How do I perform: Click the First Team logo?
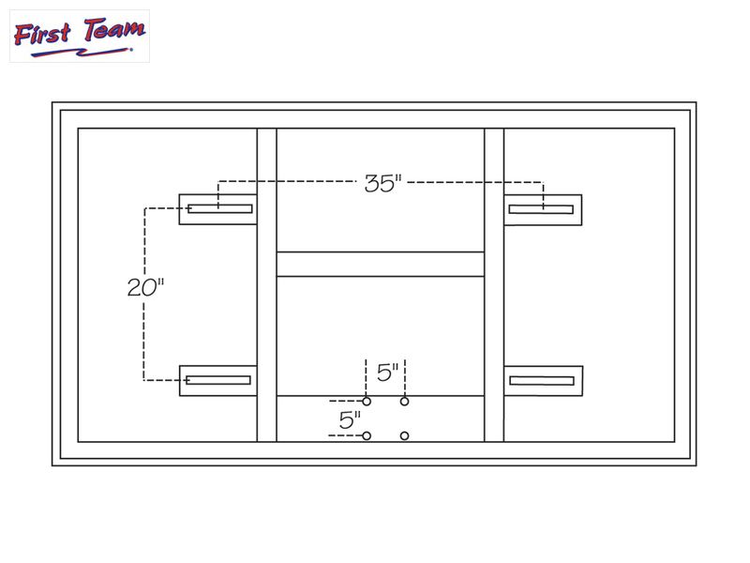pyautogui.click(x=79, y=37)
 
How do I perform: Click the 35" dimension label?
pyautogui.click(x=382, y=183)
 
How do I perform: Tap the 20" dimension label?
pyautogui.click(x=145, y=286)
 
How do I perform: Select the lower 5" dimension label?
pyautogui.click(x=350, y=419)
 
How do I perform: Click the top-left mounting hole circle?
pyautogui.click(x=367, y=402)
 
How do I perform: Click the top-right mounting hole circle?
pyautogui.click(x=405, y=402)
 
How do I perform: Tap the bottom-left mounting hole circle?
pyautogui.click(x=367, y=435)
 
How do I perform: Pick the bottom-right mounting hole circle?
pyautogui.click(x=405, y=435)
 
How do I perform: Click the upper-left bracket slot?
pyautogui.click(x=220, y=208)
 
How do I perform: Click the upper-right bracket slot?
pyautogui.click(x=541, y=208)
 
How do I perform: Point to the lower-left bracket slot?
pyautogui.click(x=218, y=380)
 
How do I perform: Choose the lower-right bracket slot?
pyautogui.click(x=541, y=380)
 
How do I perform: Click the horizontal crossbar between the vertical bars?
pyautogui.click(x=381, y=264)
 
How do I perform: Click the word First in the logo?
pyautogui.click(x=43, y=35)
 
